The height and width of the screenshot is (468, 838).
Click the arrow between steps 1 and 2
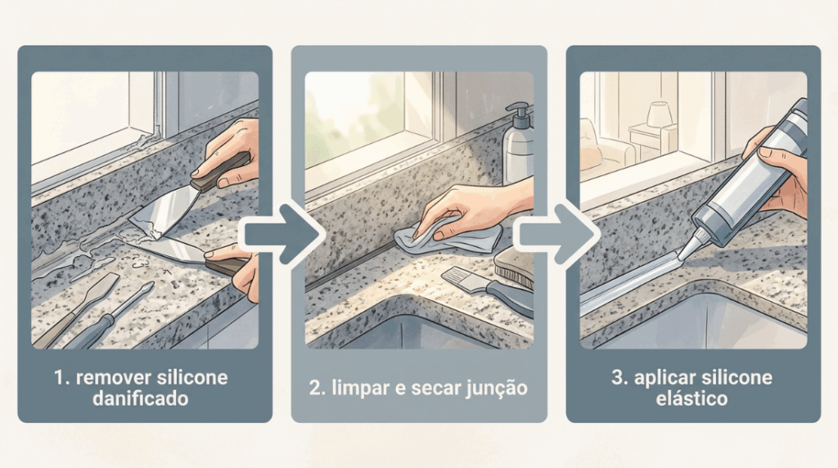282,234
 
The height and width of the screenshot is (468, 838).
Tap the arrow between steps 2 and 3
556,234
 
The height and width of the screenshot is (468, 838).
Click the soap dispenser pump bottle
517,144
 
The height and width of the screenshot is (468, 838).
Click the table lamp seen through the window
659,115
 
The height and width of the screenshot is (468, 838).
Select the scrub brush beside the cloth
514,268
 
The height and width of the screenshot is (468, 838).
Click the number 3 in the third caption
619,378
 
